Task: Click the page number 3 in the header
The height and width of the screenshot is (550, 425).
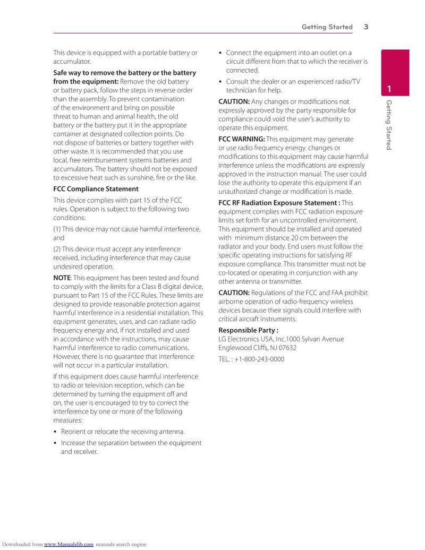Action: [x=367, y=27]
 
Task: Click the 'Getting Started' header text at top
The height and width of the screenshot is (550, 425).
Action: [x=327, y=27]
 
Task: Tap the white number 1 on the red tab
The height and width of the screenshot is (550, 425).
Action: [x=389, y=89]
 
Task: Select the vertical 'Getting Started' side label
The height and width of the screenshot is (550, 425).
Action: [x=389, y=125]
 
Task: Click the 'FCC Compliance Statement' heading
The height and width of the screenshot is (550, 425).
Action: [x=96, y=189]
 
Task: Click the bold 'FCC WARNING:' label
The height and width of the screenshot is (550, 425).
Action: [x=241, y=139]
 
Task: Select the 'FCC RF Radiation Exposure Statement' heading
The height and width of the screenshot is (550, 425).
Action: [x=279, y=203]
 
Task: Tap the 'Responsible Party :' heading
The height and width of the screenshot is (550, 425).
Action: [x=249, y=330]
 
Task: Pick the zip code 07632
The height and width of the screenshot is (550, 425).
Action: [x=287, y=348]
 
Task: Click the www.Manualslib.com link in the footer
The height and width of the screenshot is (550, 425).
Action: [x=69, y=544]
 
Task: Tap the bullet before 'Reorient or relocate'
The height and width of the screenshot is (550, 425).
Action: [x=55, y=432]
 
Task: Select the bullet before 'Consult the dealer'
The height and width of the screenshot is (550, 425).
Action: [x=220, y=82]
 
